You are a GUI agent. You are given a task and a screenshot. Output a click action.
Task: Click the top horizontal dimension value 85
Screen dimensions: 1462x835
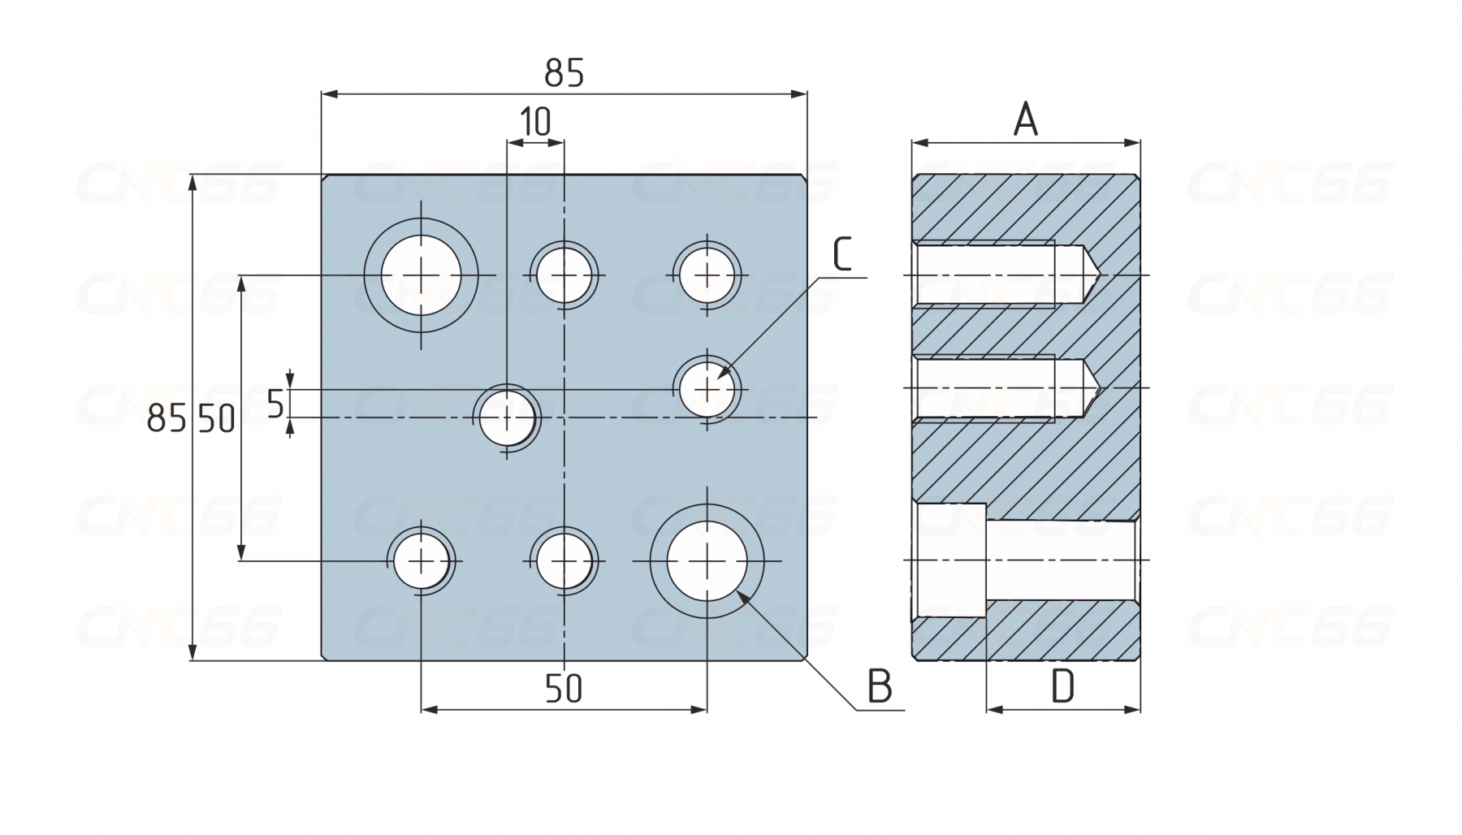564,73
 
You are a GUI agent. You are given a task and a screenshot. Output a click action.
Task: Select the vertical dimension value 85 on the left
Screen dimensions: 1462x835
167,419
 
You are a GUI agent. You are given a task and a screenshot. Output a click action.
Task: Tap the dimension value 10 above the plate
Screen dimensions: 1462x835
535,122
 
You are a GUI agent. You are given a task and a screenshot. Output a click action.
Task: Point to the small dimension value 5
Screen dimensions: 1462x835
276,404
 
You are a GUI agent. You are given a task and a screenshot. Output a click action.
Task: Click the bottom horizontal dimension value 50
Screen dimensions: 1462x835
564,689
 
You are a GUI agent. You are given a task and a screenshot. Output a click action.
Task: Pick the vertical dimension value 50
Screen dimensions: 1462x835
217,419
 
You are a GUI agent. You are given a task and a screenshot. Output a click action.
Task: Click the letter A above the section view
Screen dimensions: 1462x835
1026,119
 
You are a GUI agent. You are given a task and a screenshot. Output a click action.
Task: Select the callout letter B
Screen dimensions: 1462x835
880,686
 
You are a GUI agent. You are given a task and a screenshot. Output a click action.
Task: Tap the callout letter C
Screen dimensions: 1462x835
842,253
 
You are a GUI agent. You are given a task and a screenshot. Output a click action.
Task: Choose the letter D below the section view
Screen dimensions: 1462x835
1062,686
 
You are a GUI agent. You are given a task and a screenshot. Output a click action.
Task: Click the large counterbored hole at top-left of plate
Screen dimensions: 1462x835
421,275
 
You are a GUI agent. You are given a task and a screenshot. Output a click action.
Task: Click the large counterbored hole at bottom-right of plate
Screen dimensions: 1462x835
707,560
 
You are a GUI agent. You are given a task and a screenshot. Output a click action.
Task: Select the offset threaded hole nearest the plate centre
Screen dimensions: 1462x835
507,418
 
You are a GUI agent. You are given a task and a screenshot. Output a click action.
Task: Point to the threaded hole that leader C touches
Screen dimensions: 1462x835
707,390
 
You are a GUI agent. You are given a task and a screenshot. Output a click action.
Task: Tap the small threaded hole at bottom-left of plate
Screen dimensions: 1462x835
422,561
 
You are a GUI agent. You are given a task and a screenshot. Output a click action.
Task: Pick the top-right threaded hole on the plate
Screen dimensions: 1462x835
707,275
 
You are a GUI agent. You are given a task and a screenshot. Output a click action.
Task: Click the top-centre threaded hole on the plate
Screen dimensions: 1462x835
564,275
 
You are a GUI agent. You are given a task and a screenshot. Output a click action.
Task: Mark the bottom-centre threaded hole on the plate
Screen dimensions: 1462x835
564,561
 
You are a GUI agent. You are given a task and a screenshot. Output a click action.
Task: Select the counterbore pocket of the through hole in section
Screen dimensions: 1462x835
949,561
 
